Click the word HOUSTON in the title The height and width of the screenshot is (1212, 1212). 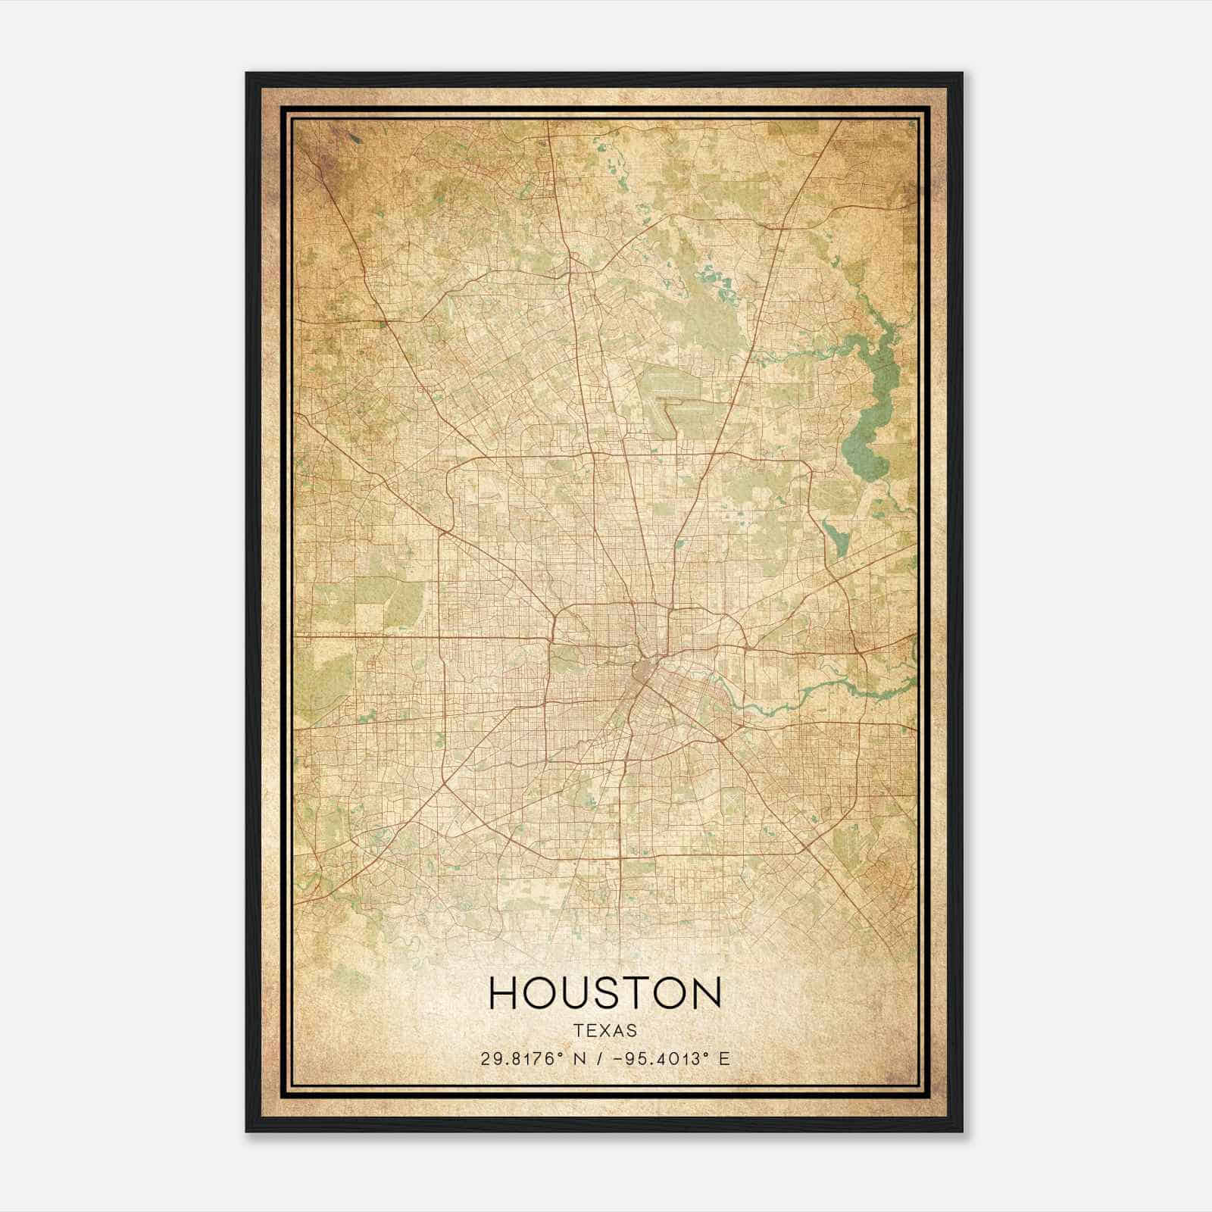pyautogui.click(x=605, y=993)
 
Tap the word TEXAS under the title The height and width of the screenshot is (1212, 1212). pyautogui.click(x=605, y=1031)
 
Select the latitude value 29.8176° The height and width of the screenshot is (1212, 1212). pyautogui.click(x=523, y=1059)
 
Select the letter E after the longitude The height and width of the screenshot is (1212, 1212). pyautogui.click(x=725, y=1059)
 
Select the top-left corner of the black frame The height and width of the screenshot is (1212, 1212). pyautogui.click(x=248, y=74)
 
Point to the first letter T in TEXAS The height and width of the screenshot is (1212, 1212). pyautogui.click(x=579, y=1031)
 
